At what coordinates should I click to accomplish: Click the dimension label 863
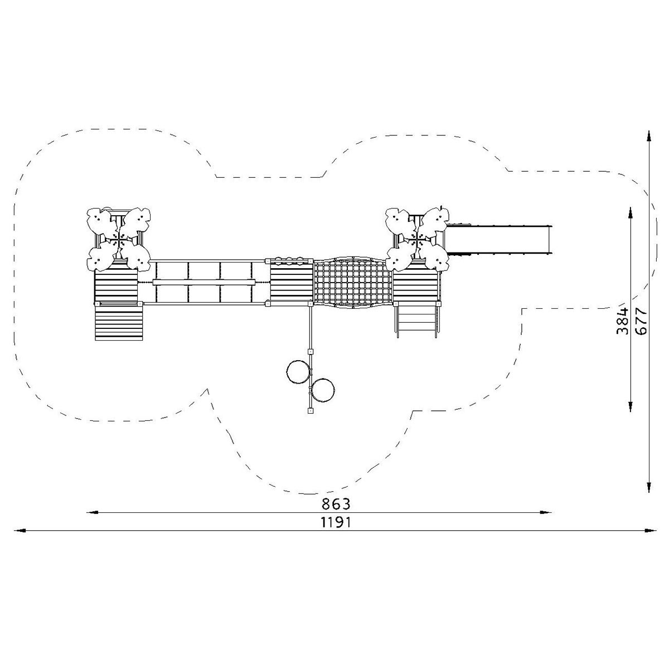coord(336,504)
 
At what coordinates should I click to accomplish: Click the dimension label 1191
coord(336,522)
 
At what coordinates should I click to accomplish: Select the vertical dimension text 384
coord(623,321)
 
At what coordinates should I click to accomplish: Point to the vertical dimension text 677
coord(641,321)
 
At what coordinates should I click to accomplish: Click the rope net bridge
coord(353,283)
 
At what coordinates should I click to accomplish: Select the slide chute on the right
coord(498,240)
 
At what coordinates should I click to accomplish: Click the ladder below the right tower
coord(416,319)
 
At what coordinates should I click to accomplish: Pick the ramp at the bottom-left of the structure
coord(119,322)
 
